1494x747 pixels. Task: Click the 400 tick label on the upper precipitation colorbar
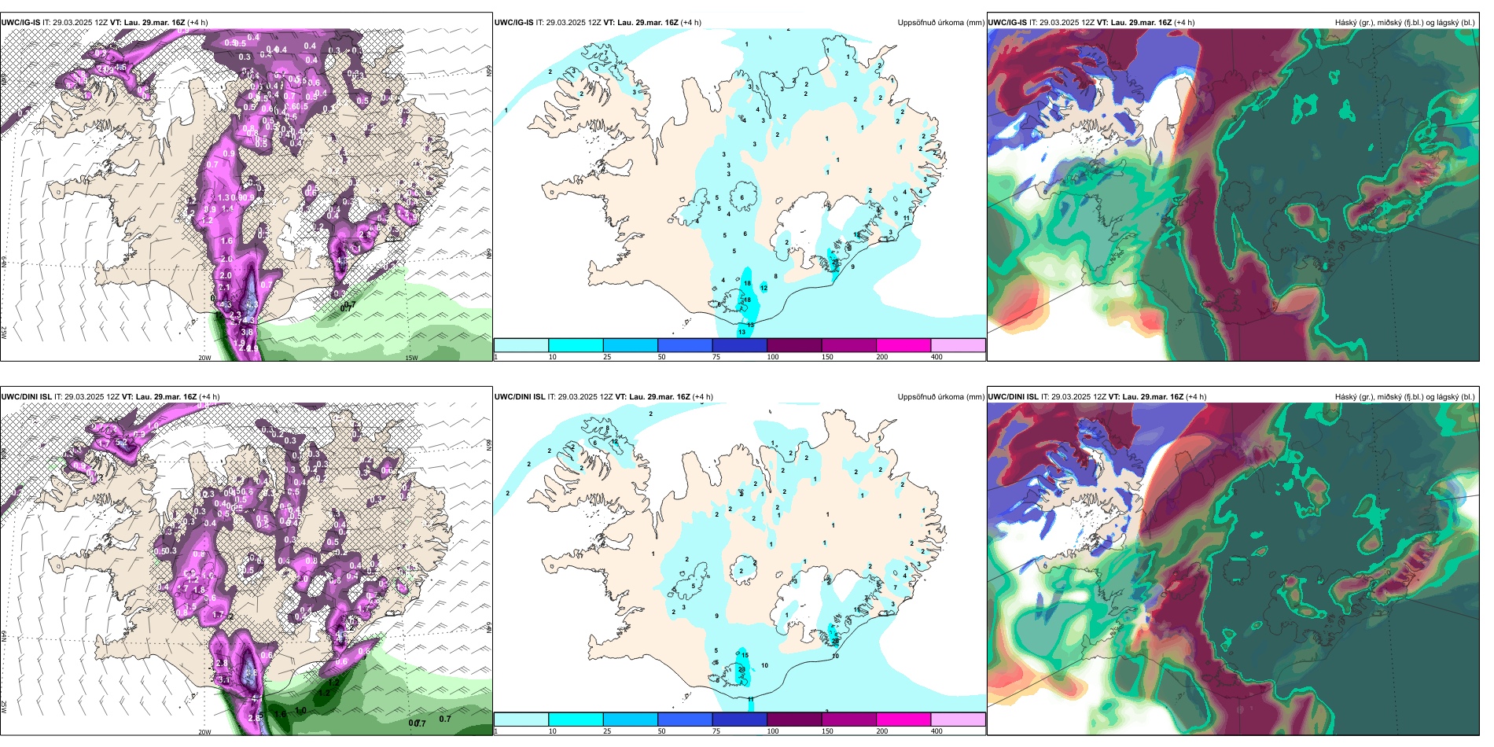[x=937, y=357]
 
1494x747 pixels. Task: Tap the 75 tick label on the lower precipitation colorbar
[x=716, y=731]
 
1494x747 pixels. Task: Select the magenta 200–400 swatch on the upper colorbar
[x=903, y=345]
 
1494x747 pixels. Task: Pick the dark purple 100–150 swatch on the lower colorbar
[x=794, y=719]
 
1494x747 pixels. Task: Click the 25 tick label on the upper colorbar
[x=607, y=357]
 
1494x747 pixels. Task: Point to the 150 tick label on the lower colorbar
[x=827, y=731]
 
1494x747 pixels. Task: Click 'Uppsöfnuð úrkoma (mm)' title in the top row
[x=940, y=23]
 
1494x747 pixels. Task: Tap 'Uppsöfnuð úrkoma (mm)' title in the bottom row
[x=940, y=397]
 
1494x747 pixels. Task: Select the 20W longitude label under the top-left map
[x=204, y=358]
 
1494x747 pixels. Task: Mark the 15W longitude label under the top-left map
[x=411, y=358]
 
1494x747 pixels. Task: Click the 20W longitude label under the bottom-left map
[x=204, y=732]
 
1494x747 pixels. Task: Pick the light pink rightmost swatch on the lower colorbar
[x=958, y=719]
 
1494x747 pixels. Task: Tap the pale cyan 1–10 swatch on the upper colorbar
[x=521, y=345]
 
